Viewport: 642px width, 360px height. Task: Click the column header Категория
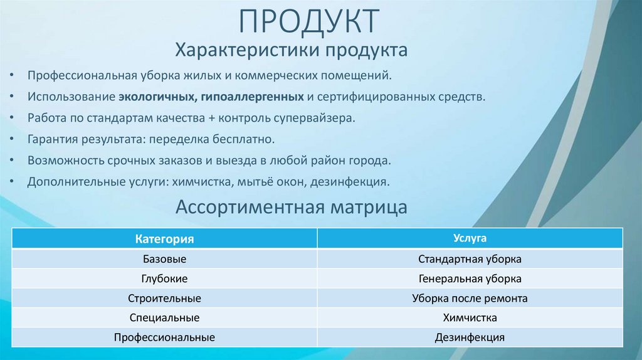click(164, 239)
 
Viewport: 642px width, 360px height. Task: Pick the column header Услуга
click(470, 238)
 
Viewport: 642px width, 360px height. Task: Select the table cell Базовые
click(164, 259)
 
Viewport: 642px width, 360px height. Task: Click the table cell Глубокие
click(164, 278)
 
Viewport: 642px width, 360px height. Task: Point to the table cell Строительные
click(164, 299)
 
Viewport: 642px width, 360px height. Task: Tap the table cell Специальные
click(164, 318)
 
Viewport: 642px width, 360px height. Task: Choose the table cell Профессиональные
click(164, 337)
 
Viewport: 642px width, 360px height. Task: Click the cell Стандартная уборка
click(470, 259)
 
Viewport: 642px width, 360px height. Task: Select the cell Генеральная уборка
click(470, 278)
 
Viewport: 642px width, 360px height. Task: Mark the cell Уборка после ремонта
click(470, 299)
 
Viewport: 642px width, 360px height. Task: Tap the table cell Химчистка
click(470, 318)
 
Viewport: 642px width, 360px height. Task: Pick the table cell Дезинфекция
click(470, 337)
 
